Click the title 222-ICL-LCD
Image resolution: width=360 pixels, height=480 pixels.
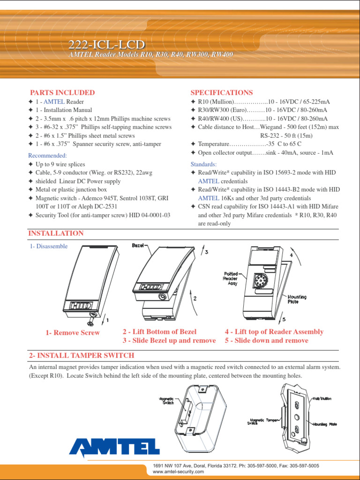coord(107,45)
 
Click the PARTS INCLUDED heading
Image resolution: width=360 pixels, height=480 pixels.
coord(62,93)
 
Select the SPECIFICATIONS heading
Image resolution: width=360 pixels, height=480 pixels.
coord(222,93)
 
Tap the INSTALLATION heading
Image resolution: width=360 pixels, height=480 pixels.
coord(56,233)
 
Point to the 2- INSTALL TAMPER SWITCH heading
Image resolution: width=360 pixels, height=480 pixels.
coord(82,356)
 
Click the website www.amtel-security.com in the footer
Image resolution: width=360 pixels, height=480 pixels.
coord(178,472)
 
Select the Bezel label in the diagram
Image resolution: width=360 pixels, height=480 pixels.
coord(138,246)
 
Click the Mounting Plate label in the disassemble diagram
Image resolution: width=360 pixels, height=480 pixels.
coord(297,299)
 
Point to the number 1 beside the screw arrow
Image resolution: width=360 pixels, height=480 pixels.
coord(107,320)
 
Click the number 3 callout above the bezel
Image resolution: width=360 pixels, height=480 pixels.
coord(205,252)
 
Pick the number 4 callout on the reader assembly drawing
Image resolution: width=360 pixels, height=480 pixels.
coord(291,255)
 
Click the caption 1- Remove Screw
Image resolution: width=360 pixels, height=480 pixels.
coord(73,333)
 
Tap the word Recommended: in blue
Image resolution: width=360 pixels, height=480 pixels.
coord(47,156)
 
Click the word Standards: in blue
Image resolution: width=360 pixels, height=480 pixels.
coord(204,165)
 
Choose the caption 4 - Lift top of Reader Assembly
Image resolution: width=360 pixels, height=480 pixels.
coord(274,332)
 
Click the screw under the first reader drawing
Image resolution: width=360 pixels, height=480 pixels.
coord(90,323)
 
